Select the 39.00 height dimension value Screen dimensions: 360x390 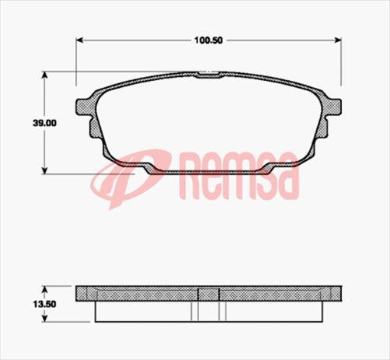pyautogui.click(x=23, y=123)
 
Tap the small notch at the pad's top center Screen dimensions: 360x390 pyautogui.click(x=208, y=75)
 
